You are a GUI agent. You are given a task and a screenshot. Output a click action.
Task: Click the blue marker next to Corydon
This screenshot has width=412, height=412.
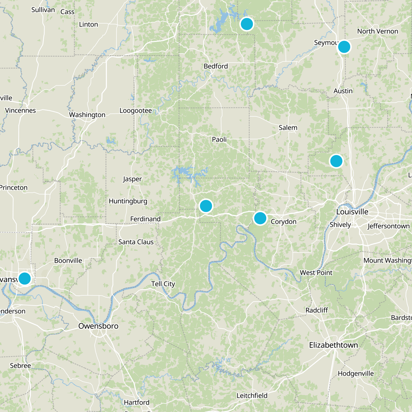(x=260, y=218)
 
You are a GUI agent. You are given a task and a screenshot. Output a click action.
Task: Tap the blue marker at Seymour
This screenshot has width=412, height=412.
(x=344, y=47)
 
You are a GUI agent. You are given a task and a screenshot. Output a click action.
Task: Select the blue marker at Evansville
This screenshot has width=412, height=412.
(x=25, y=278)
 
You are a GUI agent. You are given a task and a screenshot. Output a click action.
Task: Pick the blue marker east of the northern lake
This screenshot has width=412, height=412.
(x=247, y=24)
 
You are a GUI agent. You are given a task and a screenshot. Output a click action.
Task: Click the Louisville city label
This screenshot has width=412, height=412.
(x=352, y=212)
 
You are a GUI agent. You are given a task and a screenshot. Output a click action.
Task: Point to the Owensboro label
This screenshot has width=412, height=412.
(x=98, y=326)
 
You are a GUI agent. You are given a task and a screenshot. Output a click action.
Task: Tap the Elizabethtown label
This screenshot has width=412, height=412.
(x=333, y=345)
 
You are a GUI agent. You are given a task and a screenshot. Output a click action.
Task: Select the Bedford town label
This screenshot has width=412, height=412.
(x=216, y=66)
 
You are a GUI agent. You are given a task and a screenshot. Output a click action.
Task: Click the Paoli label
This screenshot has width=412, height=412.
(x=219, y=139)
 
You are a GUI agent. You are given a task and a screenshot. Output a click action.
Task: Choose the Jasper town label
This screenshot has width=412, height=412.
(x=132, y=179)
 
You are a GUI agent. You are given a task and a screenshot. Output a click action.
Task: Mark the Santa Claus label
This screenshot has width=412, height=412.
(x=136, y=242)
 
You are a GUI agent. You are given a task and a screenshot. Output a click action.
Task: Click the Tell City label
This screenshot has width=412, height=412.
(x=163, y=284)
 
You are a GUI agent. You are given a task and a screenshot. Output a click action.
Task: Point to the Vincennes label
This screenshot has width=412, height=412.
(x=20, y=110)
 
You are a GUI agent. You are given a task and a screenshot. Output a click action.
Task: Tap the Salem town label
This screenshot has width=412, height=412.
(x=288, y=128)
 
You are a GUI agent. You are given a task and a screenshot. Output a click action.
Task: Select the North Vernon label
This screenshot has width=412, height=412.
(x=377, y=31)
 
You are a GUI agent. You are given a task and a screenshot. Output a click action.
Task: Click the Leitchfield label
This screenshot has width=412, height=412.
(x=252, y=396)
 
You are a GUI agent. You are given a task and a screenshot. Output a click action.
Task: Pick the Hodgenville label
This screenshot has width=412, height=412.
(x=356, y=373)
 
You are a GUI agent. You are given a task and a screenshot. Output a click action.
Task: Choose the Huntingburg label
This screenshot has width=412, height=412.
(x=128, y=201)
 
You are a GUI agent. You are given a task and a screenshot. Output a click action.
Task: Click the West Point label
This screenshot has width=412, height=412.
(x=316, y=272)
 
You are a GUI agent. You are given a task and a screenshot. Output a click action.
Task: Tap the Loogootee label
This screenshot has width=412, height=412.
(x=136, y=110)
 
